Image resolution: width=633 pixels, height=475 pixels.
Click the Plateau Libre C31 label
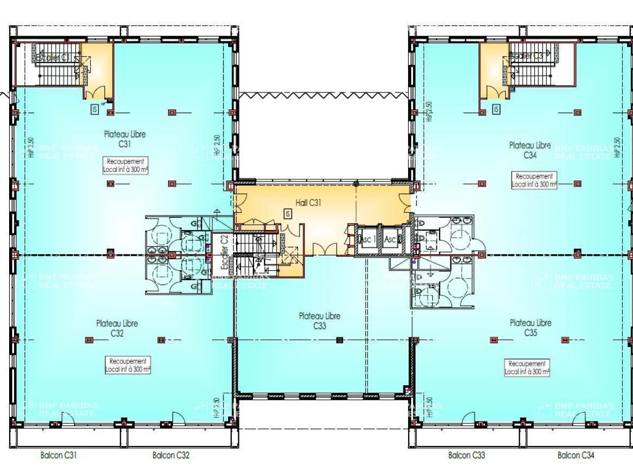pyautogui.click(x=125, y=139)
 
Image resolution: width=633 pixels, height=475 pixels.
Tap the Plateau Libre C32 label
pyautogui.click(x=117, y=328)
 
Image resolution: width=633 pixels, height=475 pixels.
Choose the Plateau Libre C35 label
pyautogui.click(x=530, y=328)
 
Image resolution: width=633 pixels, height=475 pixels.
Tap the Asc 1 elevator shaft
pyautogui.click(x=367, y=240)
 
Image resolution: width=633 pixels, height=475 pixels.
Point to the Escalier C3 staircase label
pyautogui.click(x=529, y=55)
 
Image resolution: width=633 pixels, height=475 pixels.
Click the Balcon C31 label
pyautogui.click(x=59, y=456)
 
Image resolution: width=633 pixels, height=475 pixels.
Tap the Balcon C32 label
pyautogui.click(x=171, y=456)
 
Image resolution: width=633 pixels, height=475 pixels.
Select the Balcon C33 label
pyautogui.click(x=467, y=456)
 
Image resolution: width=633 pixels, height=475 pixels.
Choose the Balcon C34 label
pyautogui.click(x=576, y=456)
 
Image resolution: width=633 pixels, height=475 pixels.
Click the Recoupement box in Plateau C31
pyautogui.click(x=126, y=165)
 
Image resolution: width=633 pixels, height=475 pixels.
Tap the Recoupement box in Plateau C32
pyautogui.click(x=128, y=365)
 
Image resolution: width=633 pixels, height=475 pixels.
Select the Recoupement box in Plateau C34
pyautogui.click(x=534, y=180)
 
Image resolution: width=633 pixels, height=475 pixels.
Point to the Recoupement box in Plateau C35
pyautogui.click(x=527, y=368)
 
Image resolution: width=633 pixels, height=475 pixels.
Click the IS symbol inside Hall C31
pyautogui.click(x=288, y=214)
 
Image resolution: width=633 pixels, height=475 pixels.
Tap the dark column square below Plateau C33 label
pyautogui.click(x=339, y=340)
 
